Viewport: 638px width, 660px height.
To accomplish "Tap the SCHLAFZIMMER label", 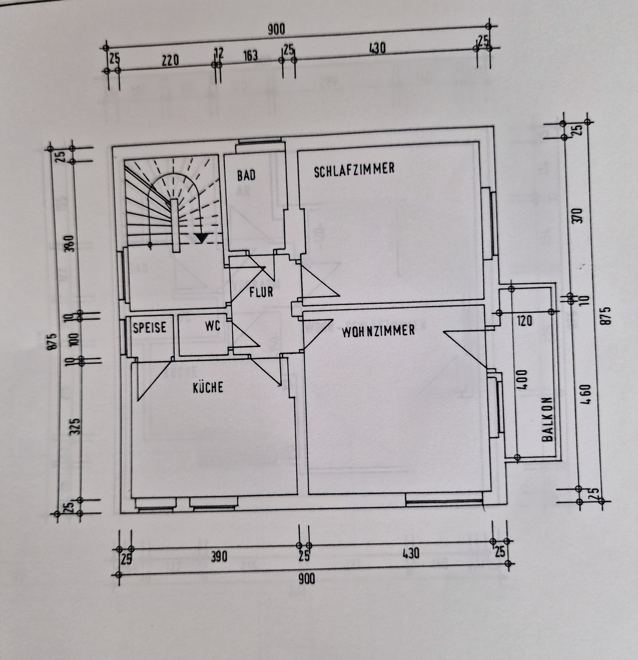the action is coord(354,170).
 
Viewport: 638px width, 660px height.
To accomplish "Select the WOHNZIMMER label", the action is coord(378,331).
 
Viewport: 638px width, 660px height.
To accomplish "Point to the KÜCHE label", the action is coord(208,387).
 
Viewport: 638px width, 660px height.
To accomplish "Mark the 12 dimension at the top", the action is coord(219,53).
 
